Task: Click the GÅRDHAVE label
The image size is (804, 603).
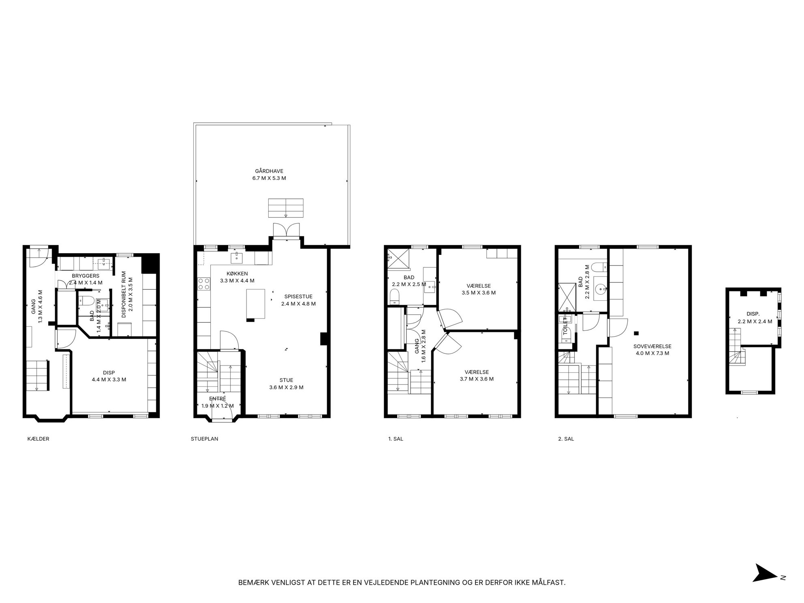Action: coord(269,171)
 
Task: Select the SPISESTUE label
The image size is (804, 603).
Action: coord(298,297)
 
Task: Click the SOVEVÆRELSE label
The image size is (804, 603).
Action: coord(652,346)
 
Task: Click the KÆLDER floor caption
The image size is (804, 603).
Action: coord(38,439)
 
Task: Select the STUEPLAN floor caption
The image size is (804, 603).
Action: coord(204,439)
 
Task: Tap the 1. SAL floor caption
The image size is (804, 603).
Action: coord(396,439)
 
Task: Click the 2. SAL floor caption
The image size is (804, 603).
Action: coord(566,439)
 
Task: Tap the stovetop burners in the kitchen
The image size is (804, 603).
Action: coord(204,284)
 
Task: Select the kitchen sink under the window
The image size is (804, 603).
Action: coord(237,257)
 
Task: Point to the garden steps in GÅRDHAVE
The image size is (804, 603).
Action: coord(286,208)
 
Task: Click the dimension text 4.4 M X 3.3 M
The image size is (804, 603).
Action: coord(109,380)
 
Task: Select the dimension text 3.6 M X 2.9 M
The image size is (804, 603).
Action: coord(286,387)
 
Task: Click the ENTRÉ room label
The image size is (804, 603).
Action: coord(218,399)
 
